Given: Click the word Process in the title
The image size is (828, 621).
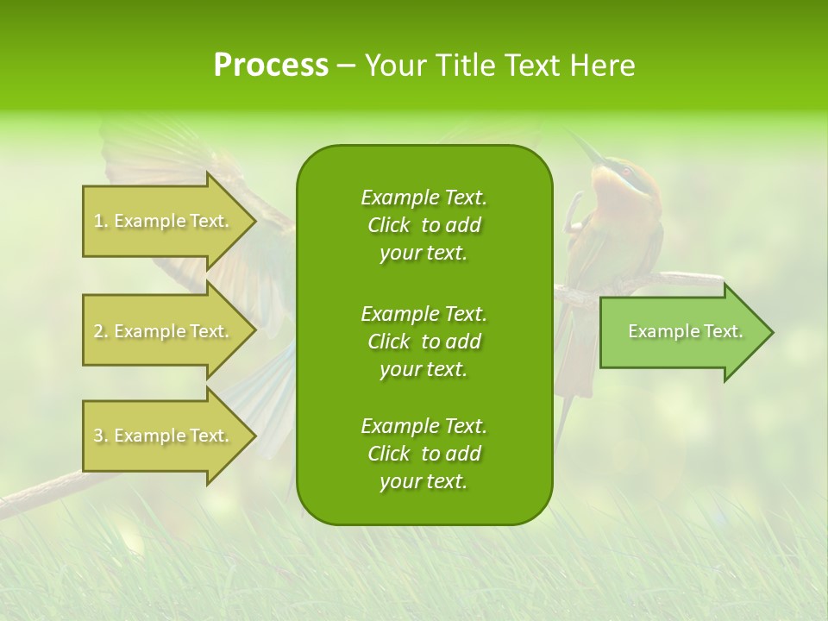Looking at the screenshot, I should [271, 66].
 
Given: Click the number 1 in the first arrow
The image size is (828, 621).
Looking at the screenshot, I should [98, 222].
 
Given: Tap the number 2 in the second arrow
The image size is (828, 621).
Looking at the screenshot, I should [98, 332].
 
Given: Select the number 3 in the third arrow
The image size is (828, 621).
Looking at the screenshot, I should [98, 436].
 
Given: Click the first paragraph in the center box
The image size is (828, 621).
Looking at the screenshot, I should [423, 225].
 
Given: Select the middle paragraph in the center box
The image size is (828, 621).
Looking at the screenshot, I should [423, 342].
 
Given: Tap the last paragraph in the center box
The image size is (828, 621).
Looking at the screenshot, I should [423, 454].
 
